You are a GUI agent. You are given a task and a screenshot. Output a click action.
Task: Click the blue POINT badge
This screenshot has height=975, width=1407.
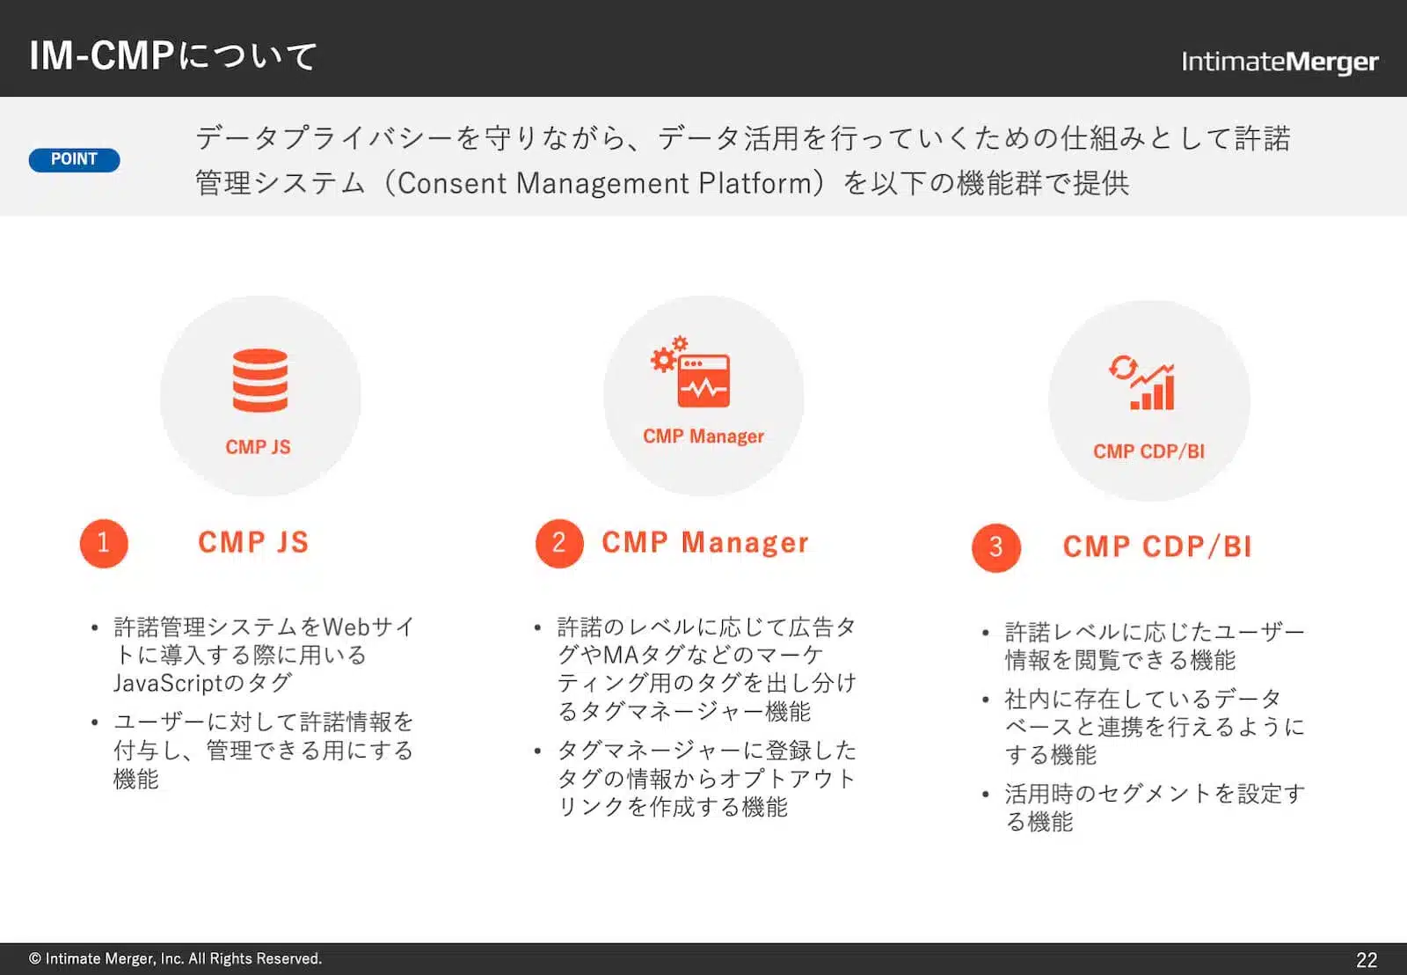74,159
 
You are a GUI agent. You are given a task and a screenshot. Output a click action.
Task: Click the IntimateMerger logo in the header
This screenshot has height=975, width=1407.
1279,62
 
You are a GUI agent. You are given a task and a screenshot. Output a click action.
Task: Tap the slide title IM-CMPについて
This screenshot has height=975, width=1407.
172,56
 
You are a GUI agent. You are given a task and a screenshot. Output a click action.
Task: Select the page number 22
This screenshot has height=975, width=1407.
1367,959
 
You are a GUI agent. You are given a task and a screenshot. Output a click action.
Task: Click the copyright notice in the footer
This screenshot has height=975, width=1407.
175,958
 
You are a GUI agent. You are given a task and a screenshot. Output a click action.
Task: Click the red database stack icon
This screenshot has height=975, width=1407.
260,380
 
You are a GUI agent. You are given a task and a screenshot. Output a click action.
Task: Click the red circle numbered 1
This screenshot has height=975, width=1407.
104,543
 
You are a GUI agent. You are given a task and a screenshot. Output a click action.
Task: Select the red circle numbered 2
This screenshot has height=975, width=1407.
559,543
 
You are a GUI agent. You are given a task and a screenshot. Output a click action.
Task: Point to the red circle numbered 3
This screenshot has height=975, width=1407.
995,547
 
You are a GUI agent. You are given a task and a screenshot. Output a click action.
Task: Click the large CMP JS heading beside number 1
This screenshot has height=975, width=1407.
253,542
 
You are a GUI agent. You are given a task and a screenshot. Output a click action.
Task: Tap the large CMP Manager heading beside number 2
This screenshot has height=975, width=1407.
704,543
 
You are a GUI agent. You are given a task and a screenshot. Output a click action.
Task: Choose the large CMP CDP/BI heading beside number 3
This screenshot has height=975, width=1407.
1156,546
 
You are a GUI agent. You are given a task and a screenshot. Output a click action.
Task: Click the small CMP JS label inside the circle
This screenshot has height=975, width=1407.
258,447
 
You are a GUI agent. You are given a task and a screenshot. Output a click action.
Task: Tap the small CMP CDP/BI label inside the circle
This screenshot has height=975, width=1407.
1148,451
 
